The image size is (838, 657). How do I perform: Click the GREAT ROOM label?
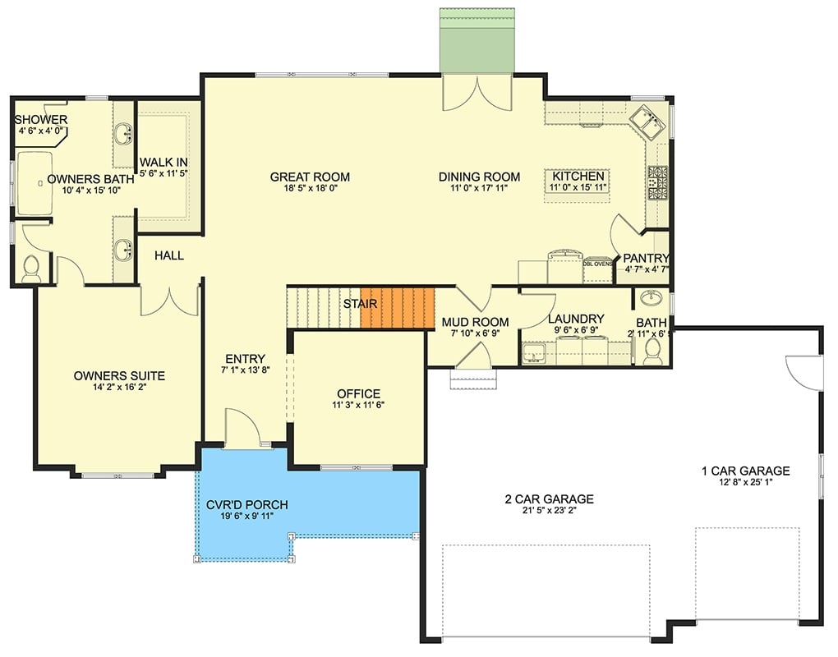coord(310,177)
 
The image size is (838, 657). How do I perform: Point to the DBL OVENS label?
coord(598,264)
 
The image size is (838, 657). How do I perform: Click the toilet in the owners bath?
coord(31,269)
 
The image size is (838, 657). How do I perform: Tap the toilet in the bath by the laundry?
coord(653,351)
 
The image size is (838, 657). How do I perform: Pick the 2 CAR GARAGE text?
coord(549,498)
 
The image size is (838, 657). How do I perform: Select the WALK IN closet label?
coord(163,162)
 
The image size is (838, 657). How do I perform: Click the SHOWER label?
coord(40,120)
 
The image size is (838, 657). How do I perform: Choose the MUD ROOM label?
coord(475,321)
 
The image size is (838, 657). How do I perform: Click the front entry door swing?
coord(243,428)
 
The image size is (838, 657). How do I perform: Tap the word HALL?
coord(168,255)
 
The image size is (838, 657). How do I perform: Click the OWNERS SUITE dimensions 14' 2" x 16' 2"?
coord(119,388)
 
